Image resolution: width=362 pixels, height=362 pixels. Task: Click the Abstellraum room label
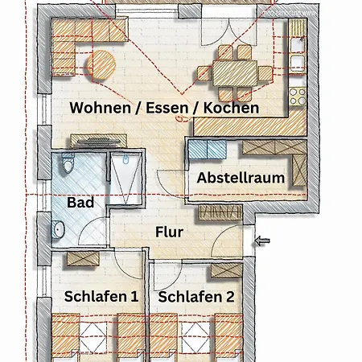(x=241, y=178)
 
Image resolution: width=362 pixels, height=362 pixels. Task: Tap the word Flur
(x=169, y=232)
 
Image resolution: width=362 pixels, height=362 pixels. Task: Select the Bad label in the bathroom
(x=80, y=202)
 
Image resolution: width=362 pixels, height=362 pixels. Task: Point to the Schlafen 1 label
(x=101, y=297)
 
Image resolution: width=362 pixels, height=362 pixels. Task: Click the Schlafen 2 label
(x=196, y=297)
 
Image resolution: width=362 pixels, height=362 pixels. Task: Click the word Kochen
(x=231, y=108)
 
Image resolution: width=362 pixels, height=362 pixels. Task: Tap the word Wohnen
(x=100, y=108)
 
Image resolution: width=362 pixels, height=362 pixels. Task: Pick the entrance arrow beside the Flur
(x=262, y=241)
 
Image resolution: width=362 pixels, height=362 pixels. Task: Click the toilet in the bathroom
(x=68, y=162)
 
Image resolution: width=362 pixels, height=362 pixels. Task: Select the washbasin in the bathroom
(x=58, y=229)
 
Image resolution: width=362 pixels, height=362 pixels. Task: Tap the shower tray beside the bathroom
(x=125, y=178)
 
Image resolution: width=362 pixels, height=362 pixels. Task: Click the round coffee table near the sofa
(x=101, y=65)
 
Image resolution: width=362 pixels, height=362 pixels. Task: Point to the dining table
(x=235, y=73)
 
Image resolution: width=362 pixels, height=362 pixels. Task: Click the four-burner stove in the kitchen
(x=298, y=96)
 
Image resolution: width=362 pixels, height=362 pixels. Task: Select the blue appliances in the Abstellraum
(x=208, y=150)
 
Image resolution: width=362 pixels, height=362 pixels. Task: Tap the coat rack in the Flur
(x=220, y=212)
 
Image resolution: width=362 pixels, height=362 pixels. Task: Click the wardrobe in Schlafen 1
(x=83, y=259)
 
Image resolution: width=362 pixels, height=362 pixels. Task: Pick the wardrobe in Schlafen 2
(x=227, y=270)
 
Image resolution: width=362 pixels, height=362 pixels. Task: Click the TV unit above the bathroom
(x=99, y=141)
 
